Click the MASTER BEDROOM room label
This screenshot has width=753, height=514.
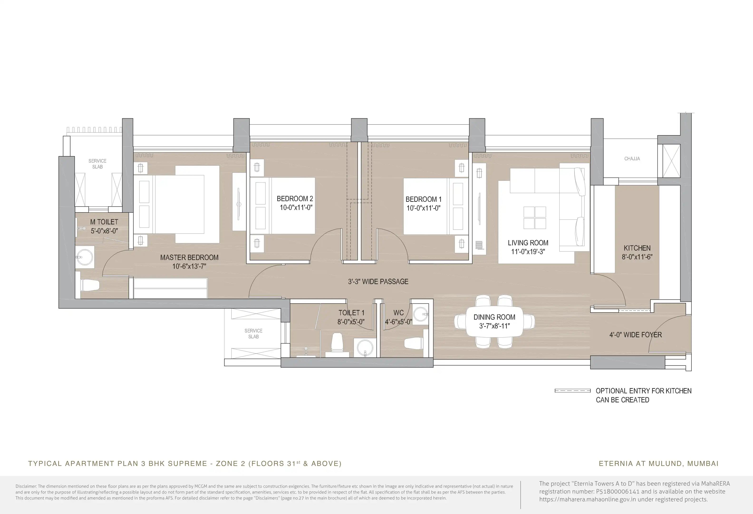pos(189,257)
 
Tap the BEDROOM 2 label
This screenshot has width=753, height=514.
pos(295,198)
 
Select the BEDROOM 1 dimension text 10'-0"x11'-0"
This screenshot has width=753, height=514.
pos(424,208)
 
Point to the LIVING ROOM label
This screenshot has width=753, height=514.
pos(528,242)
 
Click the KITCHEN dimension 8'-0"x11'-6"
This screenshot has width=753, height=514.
pos(637,257)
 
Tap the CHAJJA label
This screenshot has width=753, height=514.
pos(632,158)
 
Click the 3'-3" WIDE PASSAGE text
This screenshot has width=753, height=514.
pos(378,282)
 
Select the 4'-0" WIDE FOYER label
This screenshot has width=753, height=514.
pos(635,335)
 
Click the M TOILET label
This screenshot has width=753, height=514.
pos(104,222)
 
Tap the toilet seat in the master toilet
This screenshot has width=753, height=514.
pos(90,285)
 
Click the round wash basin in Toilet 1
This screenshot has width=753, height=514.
pos(365,348)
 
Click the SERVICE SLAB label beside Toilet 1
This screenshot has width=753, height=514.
pos(253,334)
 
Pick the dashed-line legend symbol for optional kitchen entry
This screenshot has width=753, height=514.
pos(573,391)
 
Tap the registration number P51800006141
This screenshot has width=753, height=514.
pos(618,491)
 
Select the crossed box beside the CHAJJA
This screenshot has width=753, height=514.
pos(671,161)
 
